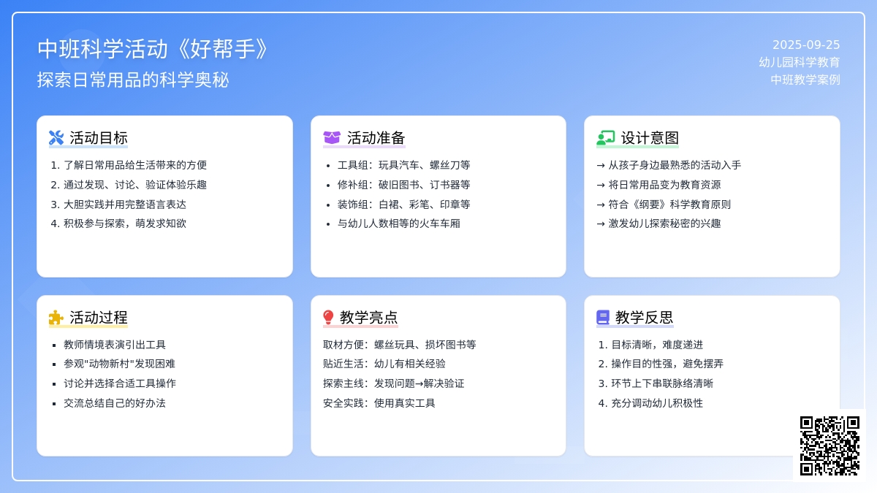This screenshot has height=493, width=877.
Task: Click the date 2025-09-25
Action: point(805,45)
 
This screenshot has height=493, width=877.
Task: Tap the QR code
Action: point(829,446)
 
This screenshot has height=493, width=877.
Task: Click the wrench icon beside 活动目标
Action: point(56,138)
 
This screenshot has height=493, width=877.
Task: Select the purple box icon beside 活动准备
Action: point(332,138)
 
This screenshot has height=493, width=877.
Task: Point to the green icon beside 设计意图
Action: point(606,138)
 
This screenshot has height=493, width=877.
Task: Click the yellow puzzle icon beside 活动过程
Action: point(56,317)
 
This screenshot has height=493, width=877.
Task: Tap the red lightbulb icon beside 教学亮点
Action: point(328,317)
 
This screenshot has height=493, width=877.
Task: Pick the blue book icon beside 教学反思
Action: point(603,317)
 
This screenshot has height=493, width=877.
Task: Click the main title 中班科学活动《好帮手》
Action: point(153,49)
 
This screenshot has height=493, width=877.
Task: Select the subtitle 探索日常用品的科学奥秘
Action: point(133,80)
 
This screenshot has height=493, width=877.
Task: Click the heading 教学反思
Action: point(644,317)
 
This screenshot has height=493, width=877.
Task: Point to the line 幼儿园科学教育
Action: point(799,62)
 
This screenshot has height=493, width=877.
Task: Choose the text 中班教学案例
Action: point(805,80)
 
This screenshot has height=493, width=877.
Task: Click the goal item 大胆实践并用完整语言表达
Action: point(125,205)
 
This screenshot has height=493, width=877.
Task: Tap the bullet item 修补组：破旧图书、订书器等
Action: point(403,185)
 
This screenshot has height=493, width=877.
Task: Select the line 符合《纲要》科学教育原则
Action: point(669,205)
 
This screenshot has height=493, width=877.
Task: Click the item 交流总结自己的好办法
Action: point(115,403)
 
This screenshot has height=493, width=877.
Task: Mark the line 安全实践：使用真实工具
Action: point(379,403)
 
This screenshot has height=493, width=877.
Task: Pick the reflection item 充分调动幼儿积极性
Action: point(657,403)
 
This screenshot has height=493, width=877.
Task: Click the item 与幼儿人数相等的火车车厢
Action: point(398,223)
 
